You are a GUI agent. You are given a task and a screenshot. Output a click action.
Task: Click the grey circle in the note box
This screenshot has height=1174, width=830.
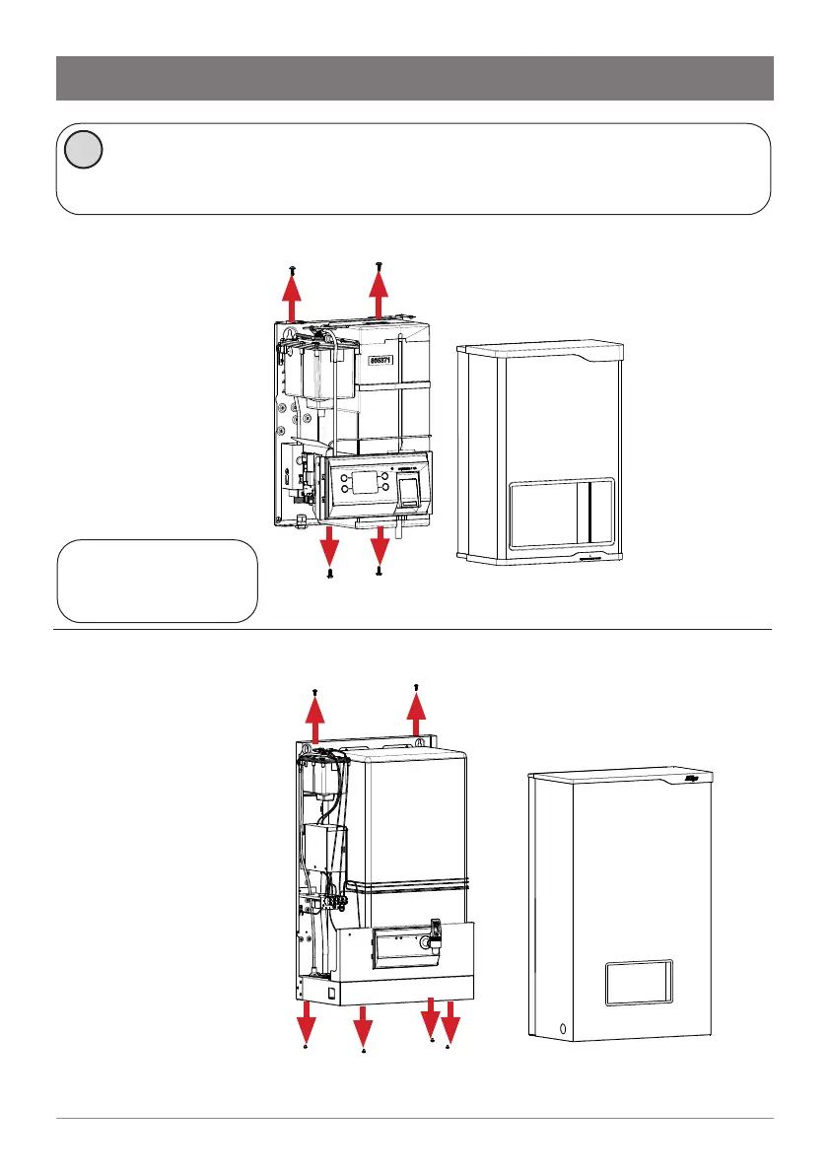coord(83,150)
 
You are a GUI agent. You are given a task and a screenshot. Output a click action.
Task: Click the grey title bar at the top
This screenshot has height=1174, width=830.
coord(414,78)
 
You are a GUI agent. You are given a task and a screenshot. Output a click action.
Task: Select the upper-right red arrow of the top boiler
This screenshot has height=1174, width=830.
coord(379,296)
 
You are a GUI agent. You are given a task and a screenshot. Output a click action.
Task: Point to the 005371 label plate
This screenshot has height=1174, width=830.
coord(382,361)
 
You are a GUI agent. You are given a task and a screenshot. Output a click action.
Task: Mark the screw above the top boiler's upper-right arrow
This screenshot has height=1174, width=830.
coord(380,265)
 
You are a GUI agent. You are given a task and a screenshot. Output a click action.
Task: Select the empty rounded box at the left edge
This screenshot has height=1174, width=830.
coord(158,581)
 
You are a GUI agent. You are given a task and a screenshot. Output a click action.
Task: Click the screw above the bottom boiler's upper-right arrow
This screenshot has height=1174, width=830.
coord(417,686)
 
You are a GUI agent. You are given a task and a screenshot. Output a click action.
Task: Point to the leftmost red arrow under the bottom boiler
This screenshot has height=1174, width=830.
coord(307,1016)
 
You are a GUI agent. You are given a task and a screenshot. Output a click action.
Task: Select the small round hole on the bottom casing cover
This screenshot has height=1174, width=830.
coord(562,1028)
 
